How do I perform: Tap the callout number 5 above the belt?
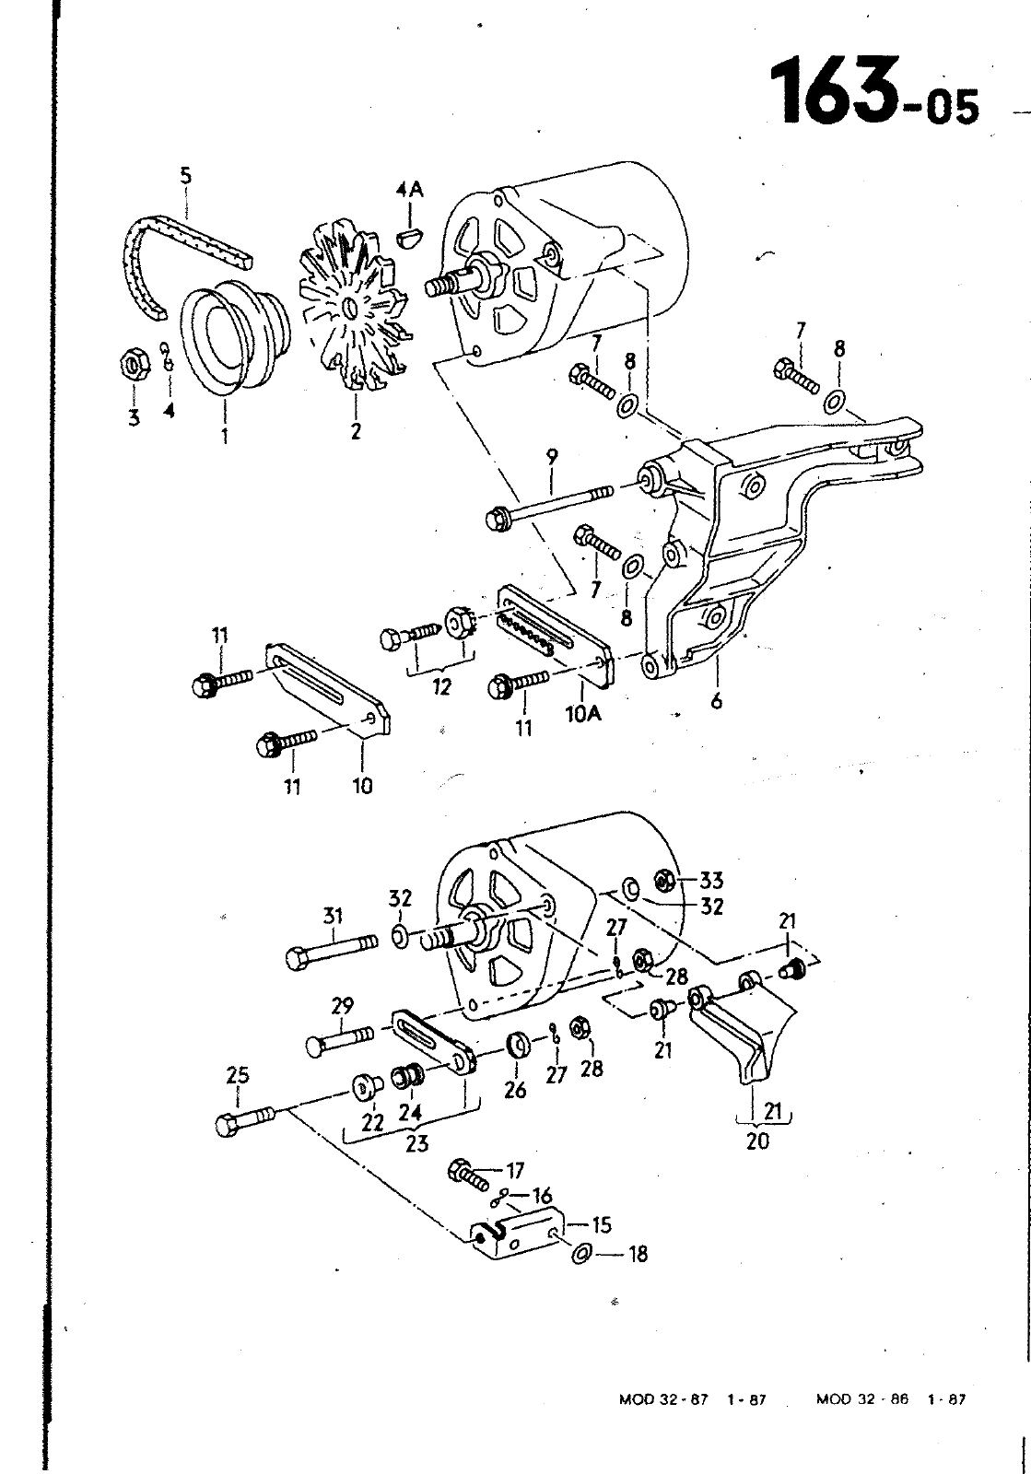tap(187, 175)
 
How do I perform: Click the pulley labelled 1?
tap(230, 336)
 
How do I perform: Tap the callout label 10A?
tap(582, 713)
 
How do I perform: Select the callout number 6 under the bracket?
tap(716, 701)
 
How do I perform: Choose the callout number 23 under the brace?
tap(416, 1144)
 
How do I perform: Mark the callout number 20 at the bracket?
tap(756, 1141)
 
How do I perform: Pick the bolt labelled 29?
tap(338, 1041)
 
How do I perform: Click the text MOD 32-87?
tap(662, 1398)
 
